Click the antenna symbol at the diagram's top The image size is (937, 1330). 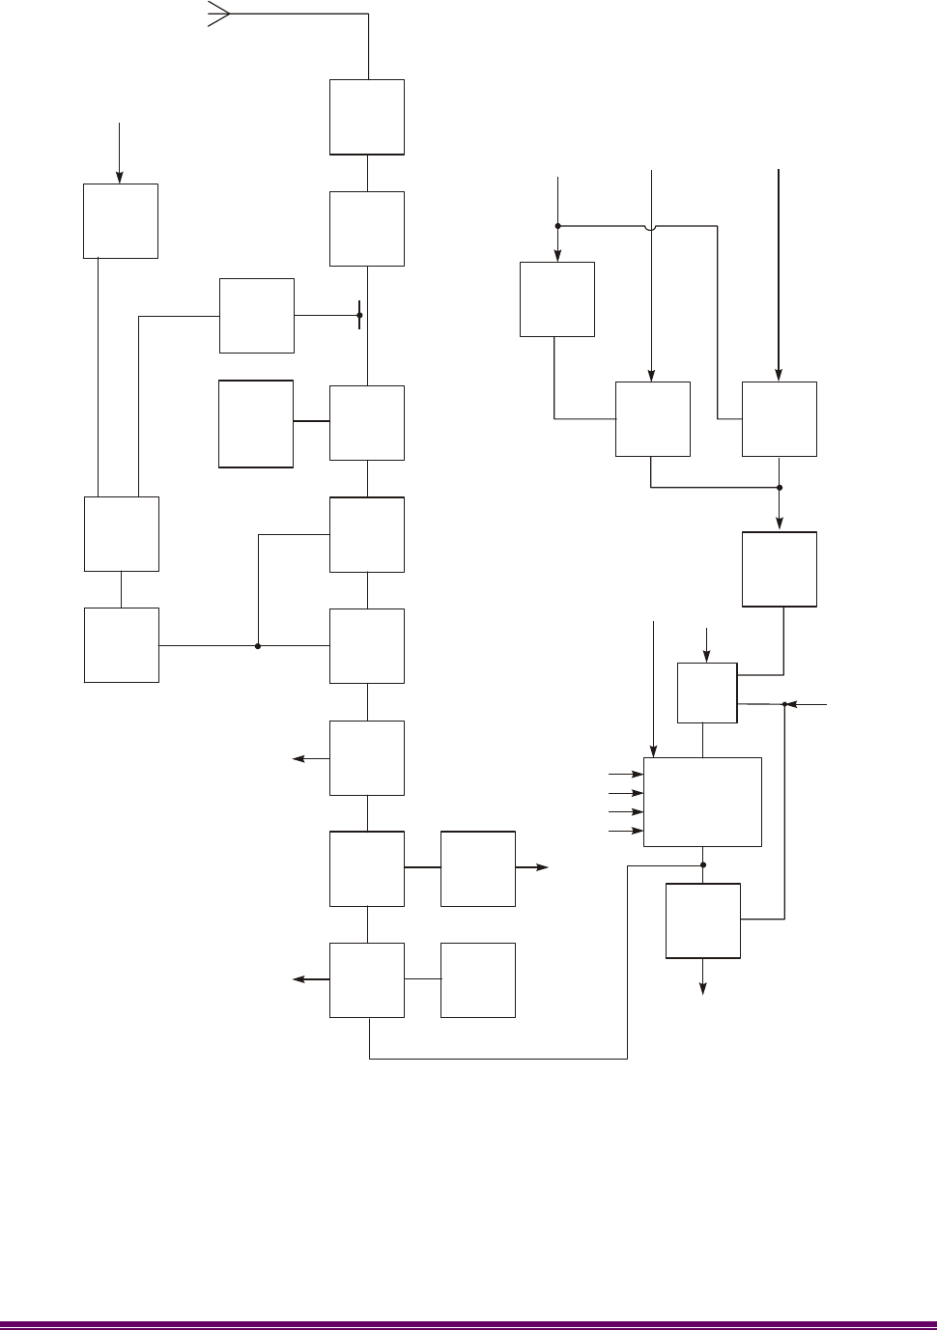pyautogui.click(x=218, y=14)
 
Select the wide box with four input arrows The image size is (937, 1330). pyautogui.click(x=702, y=802)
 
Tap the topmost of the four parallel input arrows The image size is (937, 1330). pyautogui.click(x=637, y=775)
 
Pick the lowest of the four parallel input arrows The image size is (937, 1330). pyautogui.click(x=637, y=831)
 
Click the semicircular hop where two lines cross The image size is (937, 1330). pyautogui.click(x=652, y=227)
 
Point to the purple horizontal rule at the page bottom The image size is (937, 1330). pyautogui.click(x=468, y=1324)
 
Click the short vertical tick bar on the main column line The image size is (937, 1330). pyautogui.click(x=359, y=315)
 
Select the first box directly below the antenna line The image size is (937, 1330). pyautogui.click(x=367, y=117)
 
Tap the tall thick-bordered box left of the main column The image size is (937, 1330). pyautogui.click(x=256, y=423)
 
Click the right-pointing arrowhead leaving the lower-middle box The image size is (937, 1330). pyautogui.click(x=543, y=868)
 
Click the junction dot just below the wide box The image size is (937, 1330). pyautogui.click(x=703, y=865)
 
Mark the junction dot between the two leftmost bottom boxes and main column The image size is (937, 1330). pyautogui.click(x=258, y=646)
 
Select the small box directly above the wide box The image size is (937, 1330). pyautogui.click(x=707, y=693)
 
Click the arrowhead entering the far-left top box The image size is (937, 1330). pyautogui.click(x=120, y=177)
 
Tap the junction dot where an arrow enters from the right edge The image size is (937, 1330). pyautogui.click(x=784, y=704)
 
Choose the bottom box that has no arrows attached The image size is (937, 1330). pyautogui.click(x=477, y=979)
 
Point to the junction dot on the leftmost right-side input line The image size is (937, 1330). pyautogui.click(x=557, y=226)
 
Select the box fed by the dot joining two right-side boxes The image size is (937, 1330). pyautogui.click(x=779, y=569)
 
